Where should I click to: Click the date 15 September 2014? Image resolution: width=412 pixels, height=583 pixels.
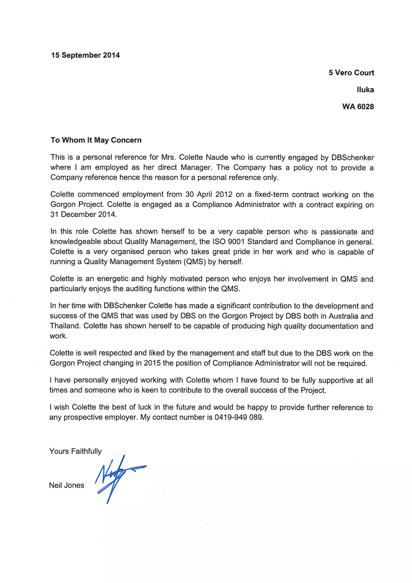[85, 55]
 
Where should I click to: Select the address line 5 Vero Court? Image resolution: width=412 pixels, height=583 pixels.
[351, 73]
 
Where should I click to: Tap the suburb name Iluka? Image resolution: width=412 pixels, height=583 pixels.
[365, 90]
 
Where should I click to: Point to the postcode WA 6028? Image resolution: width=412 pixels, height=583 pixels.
[358, 106]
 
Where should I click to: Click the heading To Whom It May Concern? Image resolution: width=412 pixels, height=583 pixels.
[96, 140]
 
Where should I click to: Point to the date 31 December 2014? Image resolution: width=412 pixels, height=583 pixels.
[83, 214]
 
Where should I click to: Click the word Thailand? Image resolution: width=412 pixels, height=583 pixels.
[65, 326]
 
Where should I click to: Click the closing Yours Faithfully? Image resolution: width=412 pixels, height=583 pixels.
[75, 451]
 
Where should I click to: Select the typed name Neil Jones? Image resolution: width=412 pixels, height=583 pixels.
[67, 485]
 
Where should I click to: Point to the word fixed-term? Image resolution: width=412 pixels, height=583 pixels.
[271, 195]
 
